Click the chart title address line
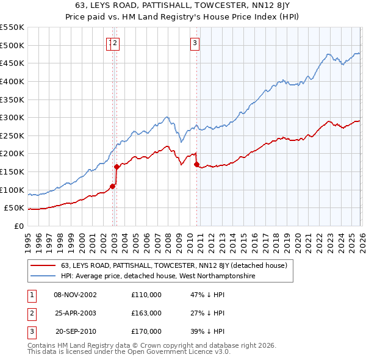point(183,5)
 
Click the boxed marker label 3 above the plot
point(195,43)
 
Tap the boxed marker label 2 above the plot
point(115,43)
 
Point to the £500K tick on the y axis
point(12,45)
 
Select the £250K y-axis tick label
point(12,135)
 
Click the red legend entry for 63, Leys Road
point(177,266)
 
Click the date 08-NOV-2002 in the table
point(75,295)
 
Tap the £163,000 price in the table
point(146,313)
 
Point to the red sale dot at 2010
point(196,164)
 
